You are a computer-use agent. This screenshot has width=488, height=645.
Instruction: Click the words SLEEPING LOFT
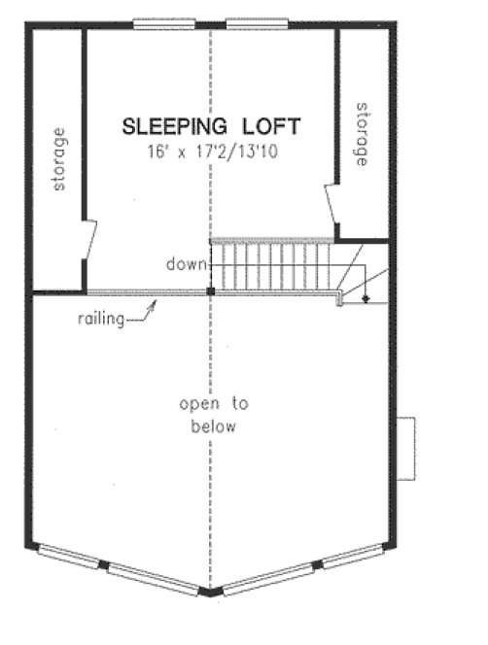(211, 125)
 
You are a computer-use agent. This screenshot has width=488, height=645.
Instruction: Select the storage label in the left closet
(61, 158)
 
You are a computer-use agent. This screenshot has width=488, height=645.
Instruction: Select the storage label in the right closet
(363, 134)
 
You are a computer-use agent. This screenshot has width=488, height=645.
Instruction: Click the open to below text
(214, 415)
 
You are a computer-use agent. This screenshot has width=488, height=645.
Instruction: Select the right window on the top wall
(257, 24)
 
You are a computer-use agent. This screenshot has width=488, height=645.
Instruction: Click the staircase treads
(273, 266)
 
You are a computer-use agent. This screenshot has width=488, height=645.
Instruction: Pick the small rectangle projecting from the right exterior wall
(409, 448)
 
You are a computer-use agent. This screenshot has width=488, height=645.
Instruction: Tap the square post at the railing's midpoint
(211, 290)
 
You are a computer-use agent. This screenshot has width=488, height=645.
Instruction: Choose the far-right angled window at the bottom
(350, 558)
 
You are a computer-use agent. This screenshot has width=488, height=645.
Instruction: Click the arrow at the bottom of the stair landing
(365, 298)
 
